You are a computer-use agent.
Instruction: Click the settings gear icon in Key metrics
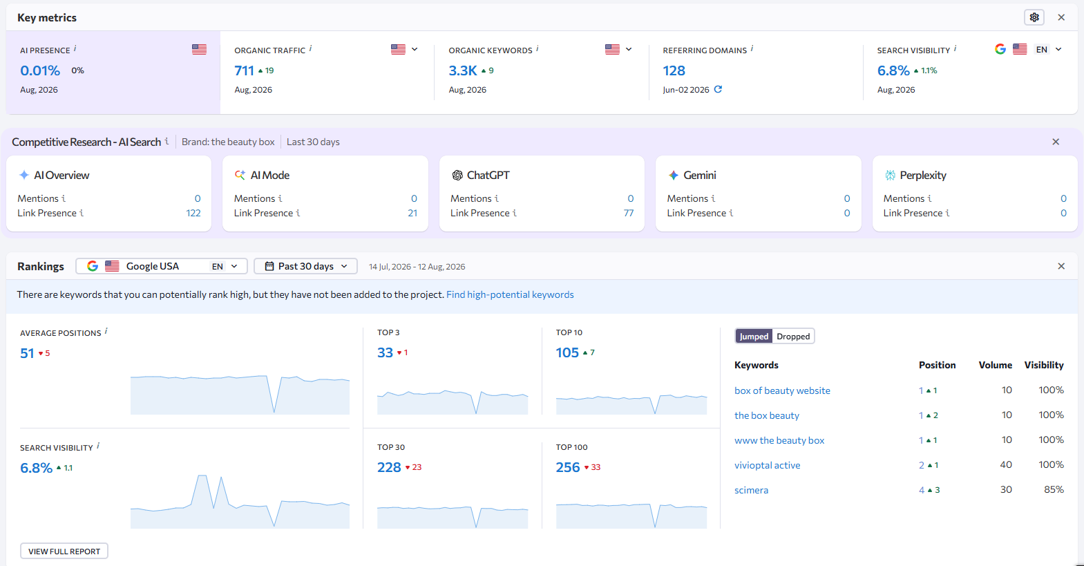tap(1034, 17)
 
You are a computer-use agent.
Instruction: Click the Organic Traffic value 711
tap(244, 70)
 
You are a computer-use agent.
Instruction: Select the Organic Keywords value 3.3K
tap(463, 70)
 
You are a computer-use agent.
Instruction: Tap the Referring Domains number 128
tap(674, 70)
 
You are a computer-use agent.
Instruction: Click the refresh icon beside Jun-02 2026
tap(718, 89)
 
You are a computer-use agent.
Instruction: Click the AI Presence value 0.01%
tap(40, 70)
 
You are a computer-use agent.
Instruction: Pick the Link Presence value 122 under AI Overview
tap(193, 213)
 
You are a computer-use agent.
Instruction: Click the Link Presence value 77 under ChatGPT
tap(629, 213)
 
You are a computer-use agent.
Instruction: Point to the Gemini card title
tap(699, 176)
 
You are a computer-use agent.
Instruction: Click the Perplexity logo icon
tap(890, 176)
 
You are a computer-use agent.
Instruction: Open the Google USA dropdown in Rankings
tap(162, 266)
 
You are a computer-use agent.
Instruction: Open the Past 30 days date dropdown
tap(306, 266)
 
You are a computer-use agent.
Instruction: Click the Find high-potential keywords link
tap(510, 294)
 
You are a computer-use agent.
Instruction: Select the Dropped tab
tap(793, 336)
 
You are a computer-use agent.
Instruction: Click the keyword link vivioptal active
tap(767, 465)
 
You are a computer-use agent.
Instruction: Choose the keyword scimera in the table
tap(751, 490)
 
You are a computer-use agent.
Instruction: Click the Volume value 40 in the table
tap(1006, 465)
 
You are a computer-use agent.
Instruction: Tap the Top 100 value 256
tap(568, 467)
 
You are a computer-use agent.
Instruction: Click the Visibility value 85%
tap(1054, 489)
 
